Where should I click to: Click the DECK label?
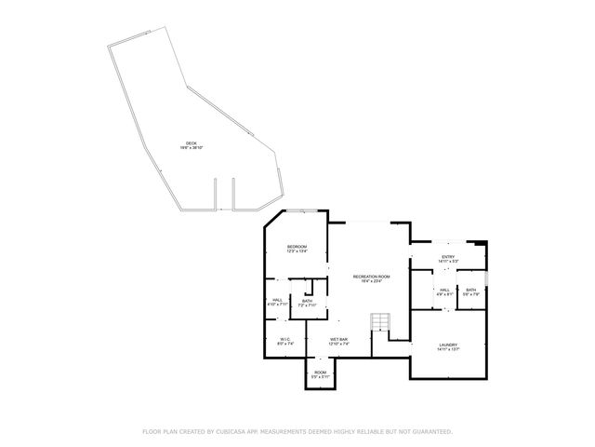(x=191, y=142)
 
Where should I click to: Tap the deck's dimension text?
(x=191, y=147)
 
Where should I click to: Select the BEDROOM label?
(x=297, y=246)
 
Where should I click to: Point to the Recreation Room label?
(x=371, y=277)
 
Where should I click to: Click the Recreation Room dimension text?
(x=371, y=281)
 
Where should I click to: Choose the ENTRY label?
(x=448, y=257)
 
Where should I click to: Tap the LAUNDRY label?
(x=448, y=345)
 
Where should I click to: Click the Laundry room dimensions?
(x=448, y=350)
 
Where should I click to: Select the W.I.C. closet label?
(x=285, y=339)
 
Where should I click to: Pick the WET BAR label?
(x=338, y=339)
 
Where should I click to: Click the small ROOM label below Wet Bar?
(x=320, y=372)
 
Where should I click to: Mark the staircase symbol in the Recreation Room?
(x=380, y=322)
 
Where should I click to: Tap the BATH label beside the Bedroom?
(x=307, y=301)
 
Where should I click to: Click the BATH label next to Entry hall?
(x=470, y=290)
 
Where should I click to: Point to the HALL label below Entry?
(x=444, y=290)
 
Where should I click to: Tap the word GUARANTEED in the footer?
(x=429, y=432)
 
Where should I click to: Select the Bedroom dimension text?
(x=297, y=251)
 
